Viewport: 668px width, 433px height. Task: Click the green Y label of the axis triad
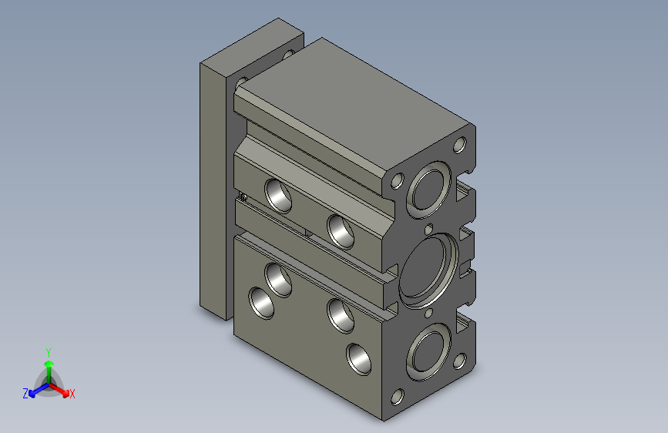pos(49,353)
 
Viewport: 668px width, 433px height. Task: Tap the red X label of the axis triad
pos(72,394)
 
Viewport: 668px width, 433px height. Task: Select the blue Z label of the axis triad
pos(25,394)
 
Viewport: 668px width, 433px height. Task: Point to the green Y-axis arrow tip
pos(49,364)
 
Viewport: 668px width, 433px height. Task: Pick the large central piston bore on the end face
pos(428,270)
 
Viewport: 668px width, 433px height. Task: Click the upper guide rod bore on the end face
pos(428,190)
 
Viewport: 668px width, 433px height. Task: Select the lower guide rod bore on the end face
pos(428,351)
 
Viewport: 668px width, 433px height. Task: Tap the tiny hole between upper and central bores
pos(429,230)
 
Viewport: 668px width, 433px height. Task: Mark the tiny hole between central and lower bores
pos(429,314)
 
